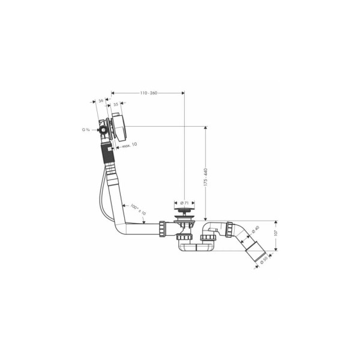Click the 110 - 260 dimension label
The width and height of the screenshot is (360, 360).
148,93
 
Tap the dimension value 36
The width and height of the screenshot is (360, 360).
101,101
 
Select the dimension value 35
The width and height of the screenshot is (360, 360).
115,104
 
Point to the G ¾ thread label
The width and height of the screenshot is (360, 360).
86,130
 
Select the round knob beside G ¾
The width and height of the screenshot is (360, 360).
103,130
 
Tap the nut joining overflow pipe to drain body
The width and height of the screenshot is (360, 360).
163,229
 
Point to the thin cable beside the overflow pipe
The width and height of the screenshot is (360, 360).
103,198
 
